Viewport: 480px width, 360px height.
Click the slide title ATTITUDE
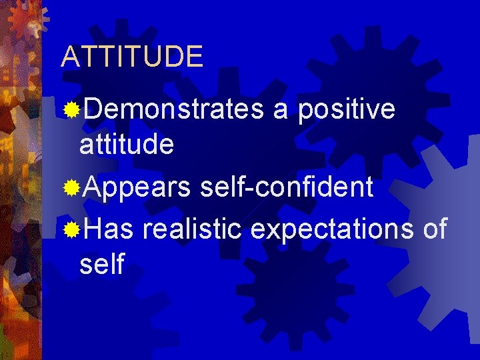[x=131, y=57]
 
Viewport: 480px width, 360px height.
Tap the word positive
[x=346, y=109]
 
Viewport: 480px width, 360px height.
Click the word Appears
[x=137, y=188]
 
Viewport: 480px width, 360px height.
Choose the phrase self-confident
[x=286, y=188]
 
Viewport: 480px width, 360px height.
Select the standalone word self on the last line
[x=101, y=264]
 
